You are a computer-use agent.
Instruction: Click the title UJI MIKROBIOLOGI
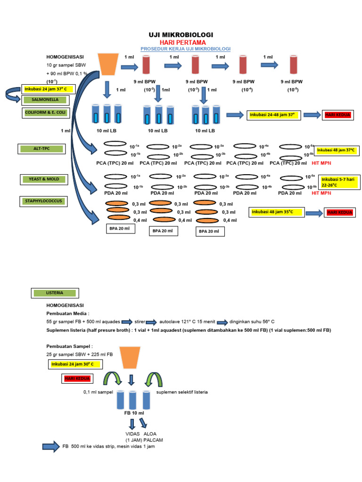(x=181, y=35)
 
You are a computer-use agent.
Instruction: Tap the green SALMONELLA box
(x=45, y=100)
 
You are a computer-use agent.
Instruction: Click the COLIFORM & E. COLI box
(x=45, y=113)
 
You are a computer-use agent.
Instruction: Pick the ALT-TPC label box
(x=41, y=149)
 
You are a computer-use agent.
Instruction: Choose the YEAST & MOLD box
(x=44, y=179)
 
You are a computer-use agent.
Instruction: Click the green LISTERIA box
(x=55, y=293)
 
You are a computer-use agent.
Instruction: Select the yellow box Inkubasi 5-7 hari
(x=339, y=182)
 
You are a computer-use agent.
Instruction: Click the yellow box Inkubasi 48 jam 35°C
(x=275, y=212)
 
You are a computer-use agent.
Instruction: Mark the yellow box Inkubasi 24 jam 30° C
(x=75, y=364)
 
